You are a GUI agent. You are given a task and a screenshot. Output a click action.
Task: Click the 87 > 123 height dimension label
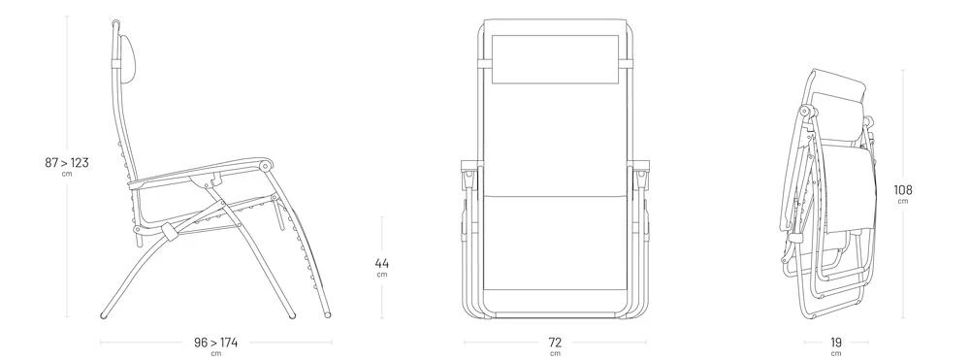tap(67, 163)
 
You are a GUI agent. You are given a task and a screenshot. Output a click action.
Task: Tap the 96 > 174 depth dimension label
tap(215, 343)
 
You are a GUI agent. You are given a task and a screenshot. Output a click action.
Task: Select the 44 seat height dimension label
tap(381, 264)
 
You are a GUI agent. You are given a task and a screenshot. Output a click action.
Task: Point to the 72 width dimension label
tap(555, 343)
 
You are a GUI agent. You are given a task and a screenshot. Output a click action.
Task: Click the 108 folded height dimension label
tap(902, 190)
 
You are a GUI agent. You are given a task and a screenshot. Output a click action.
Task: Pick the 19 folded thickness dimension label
tap(836, 343)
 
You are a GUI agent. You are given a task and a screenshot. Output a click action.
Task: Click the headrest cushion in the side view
tap(128, 59)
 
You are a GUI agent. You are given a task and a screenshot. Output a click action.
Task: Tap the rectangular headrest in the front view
tap(555, 59)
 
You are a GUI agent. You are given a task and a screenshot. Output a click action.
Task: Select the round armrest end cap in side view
tap(266, 166)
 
